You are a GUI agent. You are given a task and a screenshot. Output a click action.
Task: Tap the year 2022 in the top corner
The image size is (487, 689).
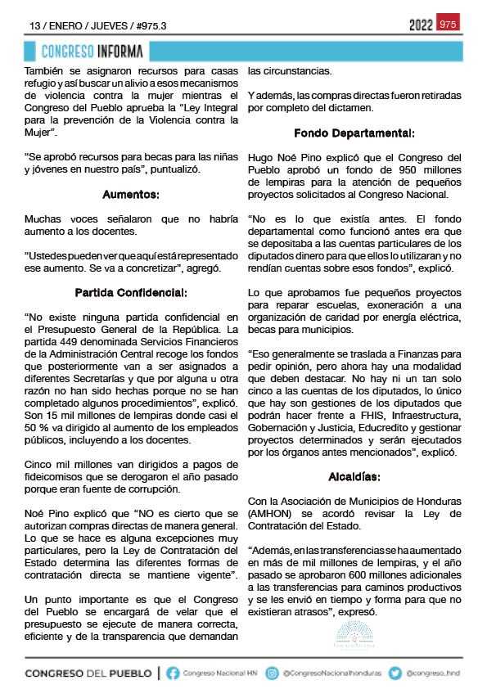pyautogui.click(x=421, y=25)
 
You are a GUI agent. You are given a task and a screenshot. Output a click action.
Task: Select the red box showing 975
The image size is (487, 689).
pyautogui.click(x=448, y=25)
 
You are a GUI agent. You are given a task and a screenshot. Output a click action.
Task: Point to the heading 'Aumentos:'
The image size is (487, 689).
pyautogui.click(x=130, y=195)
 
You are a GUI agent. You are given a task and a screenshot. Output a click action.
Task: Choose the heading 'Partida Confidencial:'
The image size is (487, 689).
pyautogui.click(x=130, y=291)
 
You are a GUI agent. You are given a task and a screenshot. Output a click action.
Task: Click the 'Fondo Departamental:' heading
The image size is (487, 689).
pyautogui.click(x=354, y=132)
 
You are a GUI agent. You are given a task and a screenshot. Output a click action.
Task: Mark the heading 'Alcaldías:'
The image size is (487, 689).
pyautogui.click(x=354, y=475)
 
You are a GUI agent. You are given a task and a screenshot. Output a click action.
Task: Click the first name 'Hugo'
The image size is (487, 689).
pyautogui.click(x=261, y=156)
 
